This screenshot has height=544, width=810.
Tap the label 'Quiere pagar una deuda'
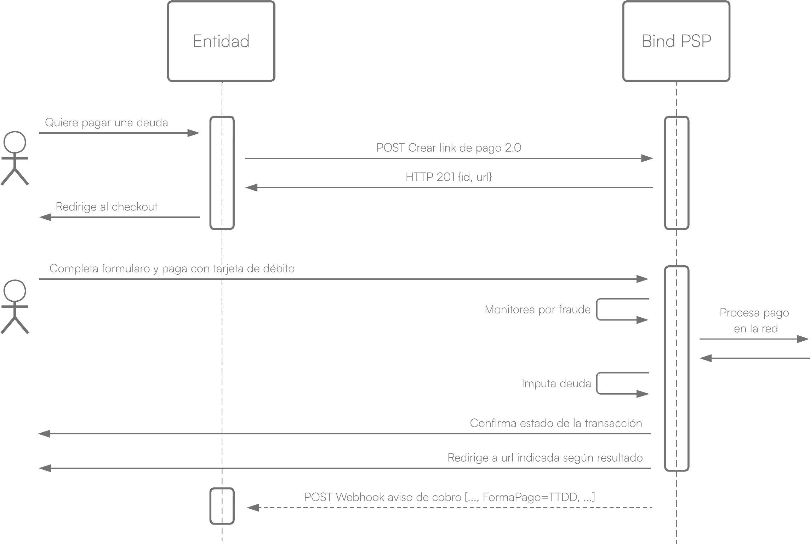[106, 123]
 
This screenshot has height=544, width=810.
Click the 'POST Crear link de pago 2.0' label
[449, 148]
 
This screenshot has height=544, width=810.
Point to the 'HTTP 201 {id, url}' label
[449, 177]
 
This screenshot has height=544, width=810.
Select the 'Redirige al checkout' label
[107, 207]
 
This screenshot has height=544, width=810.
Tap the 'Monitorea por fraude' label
[537, 310]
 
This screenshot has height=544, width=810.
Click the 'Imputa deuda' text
[556, 384]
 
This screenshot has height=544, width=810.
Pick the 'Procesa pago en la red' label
[755, 320]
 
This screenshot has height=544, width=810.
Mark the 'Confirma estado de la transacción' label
[556, 423]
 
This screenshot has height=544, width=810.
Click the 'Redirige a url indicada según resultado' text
[545, 458]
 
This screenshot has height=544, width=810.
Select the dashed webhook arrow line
[449, 508]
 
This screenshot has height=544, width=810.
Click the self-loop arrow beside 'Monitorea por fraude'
[597, 309]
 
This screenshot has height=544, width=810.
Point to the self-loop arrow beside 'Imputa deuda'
[597, 383]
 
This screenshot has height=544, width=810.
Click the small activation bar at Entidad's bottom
[211, 506]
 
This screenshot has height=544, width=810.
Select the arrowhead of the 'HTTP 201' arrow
[251, 187]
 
